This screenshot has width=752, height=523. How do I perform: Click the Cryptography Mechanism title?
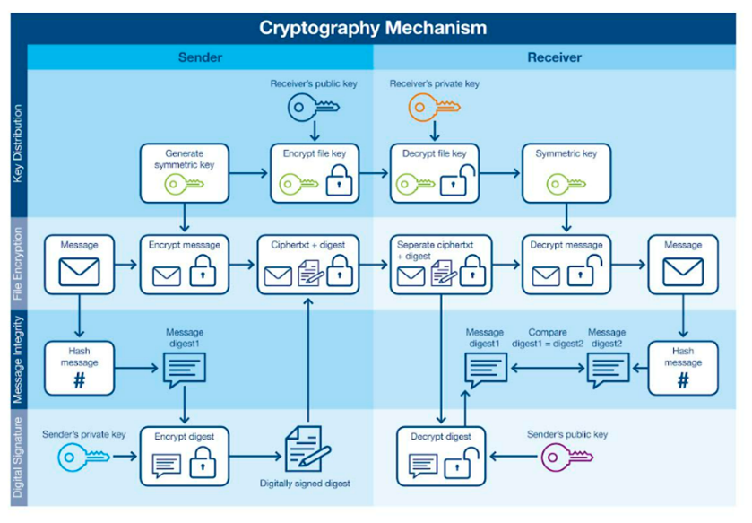click(373, 27)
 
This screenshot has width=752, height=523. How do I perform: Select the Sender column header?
click(200, 57)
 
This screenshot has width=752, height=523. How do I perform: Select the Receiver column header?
click(554, 57)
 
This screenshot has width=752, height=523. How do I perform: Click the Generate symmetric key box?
click(185, 173)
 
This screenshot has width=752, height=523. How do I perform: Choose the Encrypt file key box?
click(314, 173)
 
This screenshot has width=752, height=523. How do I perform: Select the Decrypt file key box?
click(434, 173)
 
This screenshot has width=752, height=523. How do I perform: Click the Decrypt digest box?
click(441, 456)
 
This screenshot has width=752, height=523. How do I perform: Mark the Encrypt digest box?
click(185, 456)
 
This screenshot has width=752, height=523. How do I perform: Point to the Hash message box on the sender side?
click(79, 369)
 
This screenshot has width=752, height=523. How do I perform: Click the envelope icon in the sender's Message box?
click(79, 271)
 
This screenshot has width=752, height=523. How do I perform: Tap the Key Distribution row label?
click(18, 144)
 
